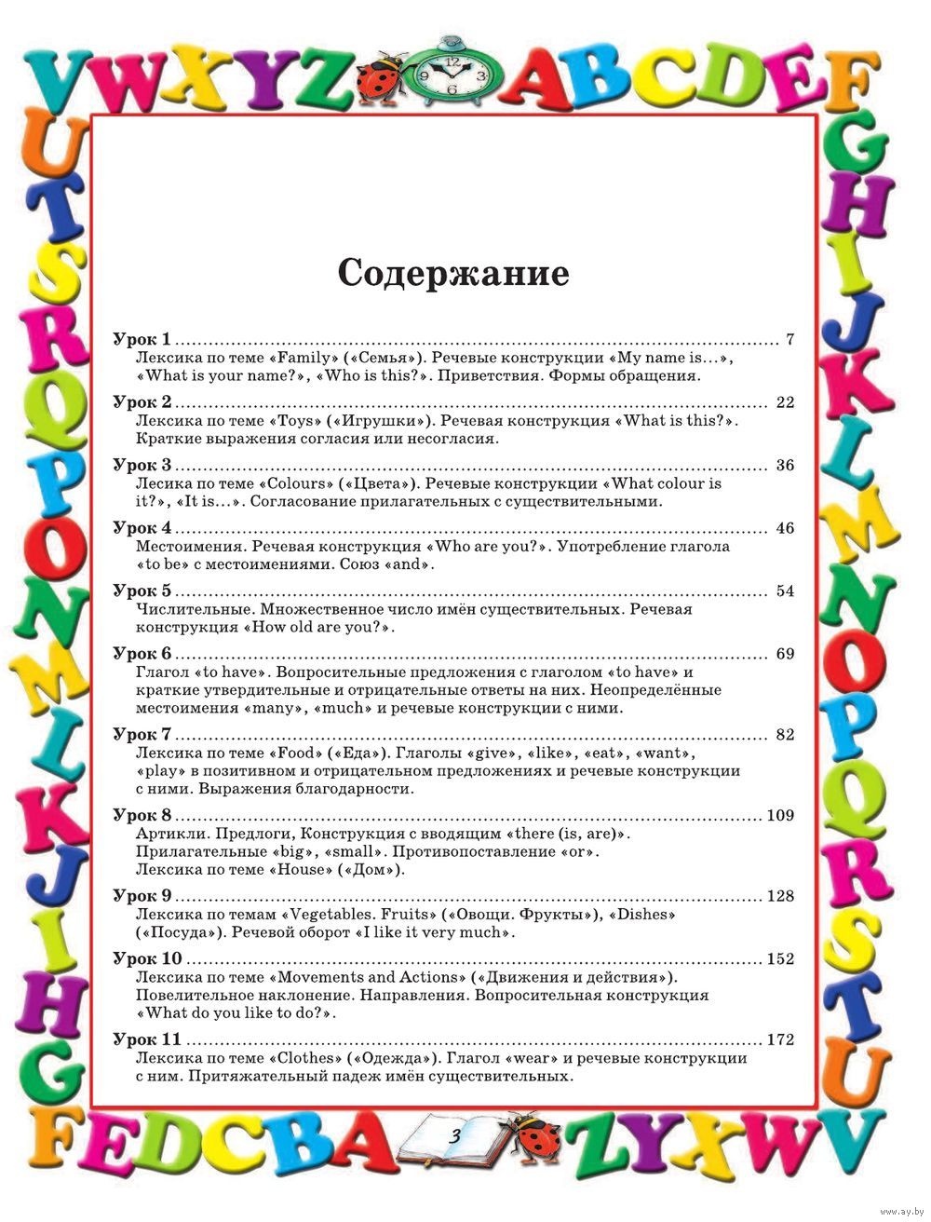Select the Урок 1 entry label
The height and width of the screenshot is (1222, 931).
click(x=142, y=339)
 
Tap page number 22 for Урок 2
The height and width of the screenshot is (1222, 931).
click(x=785, y=402)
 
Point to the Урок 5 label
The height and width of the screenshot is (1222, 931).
click(x=142, y=591)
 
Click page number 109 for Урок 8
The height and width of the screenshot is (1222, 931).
click(x=780, y=816)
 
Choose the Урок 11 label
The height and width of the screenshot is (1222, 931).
click(x=146, y=1039)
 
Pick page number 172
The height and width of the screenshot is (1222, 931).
click(x=780, y=1039)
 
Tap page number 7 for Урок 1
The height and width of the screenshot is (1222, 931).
click(x=789, y=339)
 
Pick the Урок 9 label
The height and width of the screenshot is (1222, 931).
click(x=142, y=896)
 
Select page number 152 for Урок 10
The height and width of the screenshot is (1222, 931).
click(x=780, y=959)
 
